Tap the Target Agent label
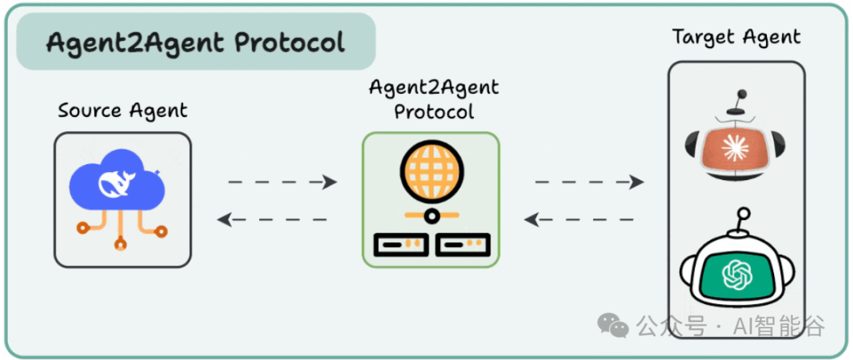[736, 37]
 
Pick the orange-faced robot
[735, 146]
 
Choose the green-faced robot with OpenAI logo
[737, 272]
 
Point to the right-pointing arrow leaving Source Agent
[282, 182]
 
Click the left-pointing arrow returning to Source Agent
[272, 219]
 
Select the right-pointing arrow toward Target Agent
[589, 182]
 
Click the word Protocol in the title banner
[291, 42]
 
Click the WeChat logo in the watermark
[613, 324]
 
